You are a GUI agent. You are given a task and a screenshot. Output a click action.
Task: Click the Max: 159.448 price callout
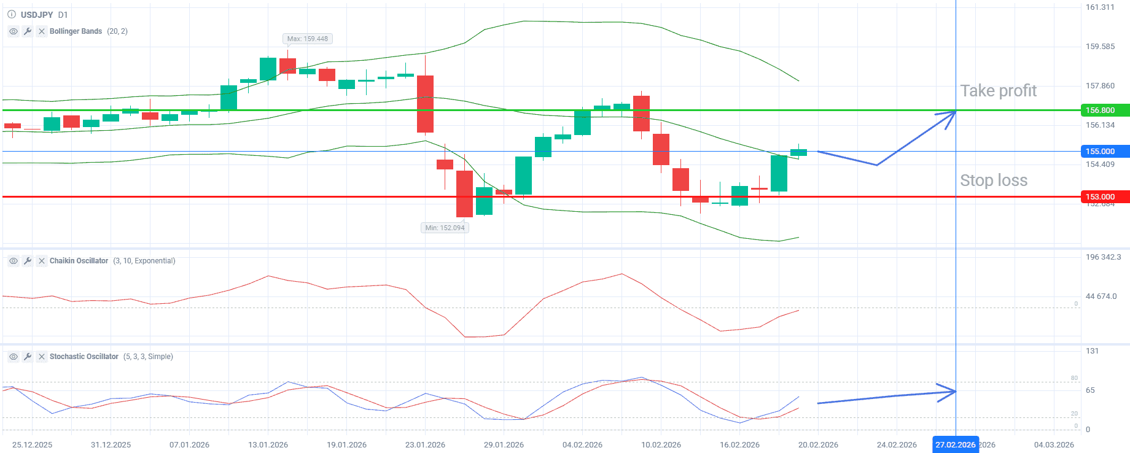pos(308,39)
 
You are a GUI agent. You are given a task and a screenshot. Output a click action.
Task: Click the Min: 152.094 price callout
pos(445,228)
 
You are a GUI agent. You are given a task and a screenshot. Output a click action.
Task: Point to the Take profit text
pos(998,91)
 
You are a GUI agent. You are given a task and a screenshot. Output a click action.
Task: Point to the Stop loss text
pos(993,180)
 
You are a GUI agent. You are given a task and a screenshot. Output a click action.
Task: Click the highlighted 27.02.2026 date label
pos(955,445)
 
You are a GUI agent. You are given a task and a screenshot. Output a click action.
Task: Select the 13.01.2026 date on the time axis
pos(268,445)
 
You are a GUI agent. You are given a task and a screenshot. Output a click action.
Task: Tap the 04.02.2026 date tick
pos(582,445)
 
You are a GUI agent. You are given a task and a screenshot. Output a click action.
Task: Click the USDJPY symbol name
pos(37,15)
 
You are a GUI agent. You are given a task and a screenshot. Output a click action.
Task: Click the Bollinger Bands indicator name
pos(76,31)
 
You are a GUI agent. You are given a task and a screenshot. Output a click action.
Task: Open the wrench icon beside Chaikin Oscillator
pos(28,261)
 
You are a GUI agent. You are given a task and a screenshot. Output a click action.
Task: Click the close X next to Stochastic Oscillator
pos(42,357)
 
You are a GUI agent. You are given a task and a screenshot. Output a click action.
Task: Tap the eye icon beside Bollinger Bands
pos(14,31)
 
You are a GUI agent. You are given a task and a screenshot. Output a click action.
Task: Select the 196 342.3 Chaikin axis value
pos(1103,257)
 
